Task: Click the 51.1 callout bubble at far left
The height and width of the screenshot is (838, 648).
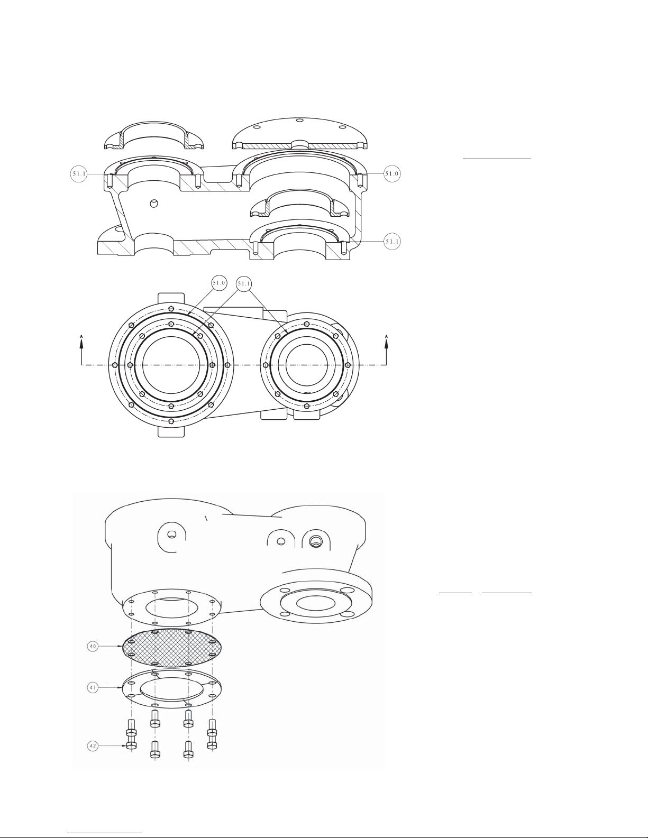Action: pos(79,174)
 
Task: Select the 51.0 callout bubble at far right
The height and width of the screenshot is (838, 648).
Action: pos(393,173)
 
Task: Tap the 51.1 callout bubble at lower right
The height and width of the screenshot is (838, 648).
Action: pos(393,242)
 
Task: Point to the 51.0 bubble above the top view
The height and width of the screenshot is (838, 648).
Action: pos(219,283)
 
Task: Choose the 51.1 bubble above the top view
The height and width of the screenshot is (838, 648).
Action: pos(244,284)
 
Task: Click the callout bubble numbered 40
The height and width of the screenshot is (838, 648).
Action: pos(93,646)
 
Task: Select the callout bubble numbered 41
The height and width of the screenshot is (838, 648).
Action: pos(93,688)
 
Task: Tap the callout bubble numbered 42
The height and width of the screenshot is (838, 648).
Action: pos(93,746)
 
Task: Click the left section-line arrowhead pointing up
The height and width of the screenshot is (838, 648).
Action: pos(81,341)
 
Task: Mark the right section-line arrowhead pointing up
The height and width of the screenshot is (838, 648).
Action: pos(387,341)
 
